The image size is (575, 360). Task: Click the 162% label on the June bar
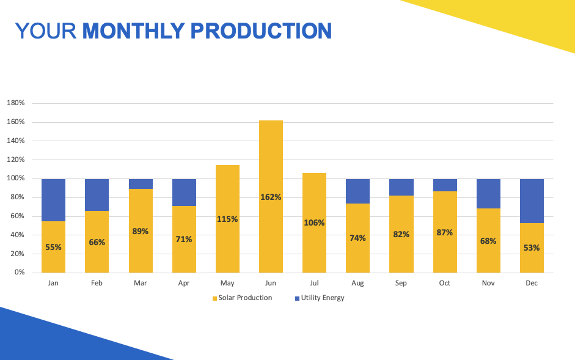pyautogui.click(x=271, y=197)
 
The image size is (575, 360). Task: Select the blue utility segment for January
pyautogui.click(x=53, y=200)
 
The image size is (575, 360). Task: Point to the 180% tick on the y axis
pyautogui.click(x=15, y=103)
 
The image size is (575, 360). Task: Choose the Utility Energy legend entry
pyautogui.click(x=320, y=298)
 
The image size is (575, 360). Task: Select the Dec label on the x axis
pyautogui.click(x=532, y=284)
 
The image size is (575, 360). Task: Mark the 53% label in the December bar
pyautogui.click(x=532, y=248)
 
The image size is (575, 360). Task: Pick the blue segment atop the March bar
pyautogui.click(x=141, y=184)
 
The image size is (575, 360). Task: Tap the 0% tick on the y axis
pyautogui.click(x=19, y=273)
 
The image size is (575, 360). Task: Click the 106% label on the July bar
pyautogui.click(x=314, y=222)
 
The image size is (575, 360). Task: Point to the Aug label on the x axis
pyautogui.click(x=357, y=284)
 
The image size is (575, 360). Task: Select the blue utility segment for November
pyautogui.click(x=488, y=194)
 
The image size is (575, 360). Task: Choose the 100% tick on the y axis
pyautogui.click(x=15, y=178)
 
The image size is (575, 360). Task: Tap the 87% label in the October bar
pyautogui.click(x=445, y=232)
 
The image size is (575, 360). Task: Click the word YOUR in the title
pyautogui.click(x=46, y=31)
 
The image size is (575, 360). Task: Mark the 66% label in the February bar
pyautogui.click(x=97, y=242)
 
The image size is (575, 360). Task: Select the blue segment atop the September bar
pyautogui.click(x=401, y=187)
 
